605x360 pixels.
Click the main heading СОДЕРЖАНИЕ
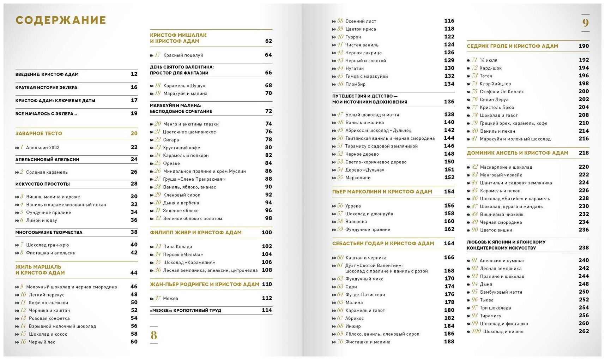click(61, 20)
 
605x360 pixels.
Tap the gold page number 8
click(154, 335)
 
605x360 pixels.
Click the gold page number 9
click(585, 23)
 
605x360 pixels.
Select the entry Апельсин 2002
click(43, 148)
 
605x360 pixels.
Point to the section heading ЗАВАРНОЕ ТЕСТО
click(39, 133)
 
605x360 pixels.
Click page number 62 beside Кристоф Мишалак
click(268, 41)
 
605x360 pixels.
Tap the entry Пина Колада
click(177, 247)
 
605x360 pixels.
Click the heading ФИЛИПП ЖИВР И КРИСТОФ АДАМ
click(196, 233)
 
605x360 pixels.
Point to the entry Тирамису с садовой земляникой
click(381, 146)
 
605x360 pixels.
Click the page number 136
click(449, 102)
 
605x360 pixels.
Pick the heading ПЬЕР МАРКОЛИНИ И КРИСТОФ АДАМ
click(382, 192)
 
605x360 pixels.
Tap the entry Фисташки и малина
click(368, 342)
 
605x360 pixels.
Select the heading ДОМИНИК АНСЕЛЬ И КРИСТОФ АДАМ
click(518, 153)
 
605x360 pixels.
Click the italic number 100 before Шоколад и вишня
click(476, 331)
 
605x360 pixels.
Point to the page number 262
click(583, 331)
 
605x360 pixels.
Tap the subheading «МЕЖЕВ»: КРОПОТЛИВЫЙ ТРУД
click(186, 311)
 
